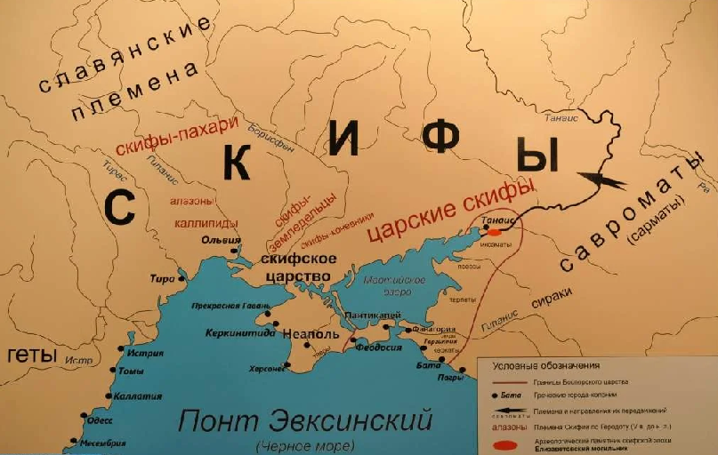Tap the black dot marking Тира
[x=182, y=278]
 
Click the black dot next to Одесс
[x=86, y=415]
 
